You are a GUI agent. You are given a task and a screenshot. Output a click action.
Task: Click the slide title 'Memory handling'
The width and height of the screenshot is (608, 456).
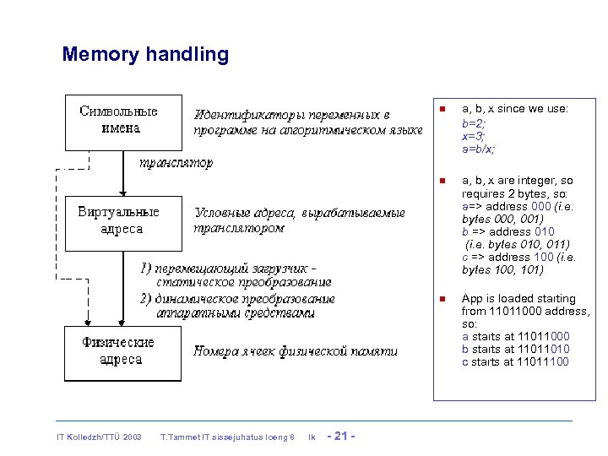[x=145, y=56]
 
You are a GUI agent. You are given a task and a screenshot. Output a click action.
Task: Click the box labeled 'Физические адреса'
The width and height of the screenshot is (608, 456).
[x=118, y=350]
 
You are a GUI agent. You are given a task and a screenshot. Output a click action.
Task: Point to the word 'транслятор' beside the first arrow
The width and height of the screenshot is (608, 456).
[x=176, y=161]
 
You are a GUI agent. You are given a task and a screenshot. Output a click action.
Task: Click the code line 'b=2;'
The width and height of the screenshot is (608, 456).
[x=473, y=122]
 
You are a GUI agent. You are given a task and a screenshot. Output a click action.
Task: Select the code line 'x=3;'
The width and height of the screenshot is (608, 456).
[x=473, y=135]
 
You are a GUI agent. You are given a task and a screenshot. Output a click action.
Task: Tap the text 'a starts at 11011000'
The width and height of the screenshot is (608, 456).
[x=515, y=337]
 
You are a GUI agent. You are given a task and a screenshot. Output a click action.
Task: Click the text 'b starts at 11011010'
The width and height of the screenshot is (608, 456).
[x=515, y=350]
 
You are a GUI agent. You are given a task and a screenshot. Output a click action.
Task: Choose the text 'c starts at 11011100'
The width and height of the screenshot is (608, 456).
[x=515, y=362]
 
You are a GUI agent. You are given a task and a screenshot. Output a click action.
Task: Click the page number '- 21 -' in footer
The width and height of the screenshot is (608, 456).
[x=340, y=436]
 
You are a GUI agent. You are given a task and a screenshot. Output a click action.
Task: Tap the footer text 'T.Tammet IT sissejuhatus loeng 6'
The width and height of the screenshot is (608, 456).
[x=227, y=437]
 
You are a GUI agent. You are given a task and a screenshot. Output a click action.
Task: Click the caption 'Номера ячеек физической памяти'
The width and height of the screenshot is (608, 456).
[x=295, y=351]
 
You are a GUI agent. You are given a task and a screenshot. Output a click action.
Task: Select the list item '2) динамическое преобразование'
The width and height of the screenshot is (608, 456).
[x=237, y=298]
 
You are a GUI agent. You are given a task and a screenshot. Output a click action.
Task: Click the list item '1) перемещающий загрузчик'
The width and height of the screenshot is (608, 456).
[x=228, y=269]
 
